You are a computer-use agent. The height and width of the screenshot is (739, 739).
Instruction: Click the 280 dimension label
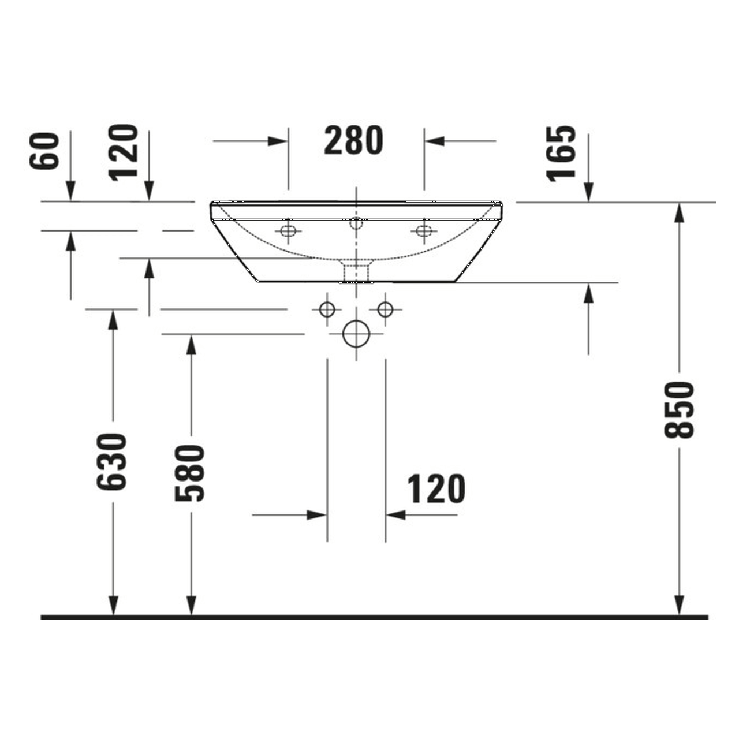[x=353, y=141]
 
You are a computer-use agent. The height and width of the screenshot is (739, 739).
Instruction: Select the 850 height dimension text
[x=679, y=409]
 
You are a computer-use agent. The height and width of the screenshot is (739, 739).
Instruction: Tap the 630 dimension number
[x=112, y=462]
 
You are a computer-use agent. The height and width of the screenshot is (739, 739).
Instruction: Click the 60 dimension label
[x=45, y=151]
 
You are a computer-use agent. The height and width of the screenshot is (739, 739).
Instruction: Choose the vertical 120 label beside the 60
[x=125, y=152]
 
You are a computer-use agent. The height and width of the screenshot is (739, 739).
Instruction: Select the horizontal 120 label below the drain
[x=436, y=490]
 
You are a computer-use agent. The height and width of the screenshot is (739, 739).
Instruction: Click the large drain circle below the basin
[x=356, y=334]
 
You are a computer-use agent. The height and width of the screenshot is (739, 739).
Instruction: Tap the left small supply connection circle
[x=327, y=309]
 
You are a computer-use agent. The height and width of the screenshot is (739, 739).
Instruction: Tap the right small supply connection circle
[x=385, y=309]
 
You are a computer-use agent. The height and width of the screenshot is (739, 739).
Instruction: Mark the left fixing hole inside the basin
[x=288, y=231]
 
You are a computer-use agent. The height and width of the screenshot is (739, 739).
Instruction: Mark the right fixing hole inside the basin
[x=424, y=231]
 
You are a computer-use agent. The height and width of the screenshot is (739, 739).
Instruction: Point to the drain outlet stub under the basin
[x=356, y=272]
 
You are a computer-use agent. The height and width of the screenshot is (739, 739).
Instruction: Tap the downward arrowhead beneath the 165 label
[x=588, y=192]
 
